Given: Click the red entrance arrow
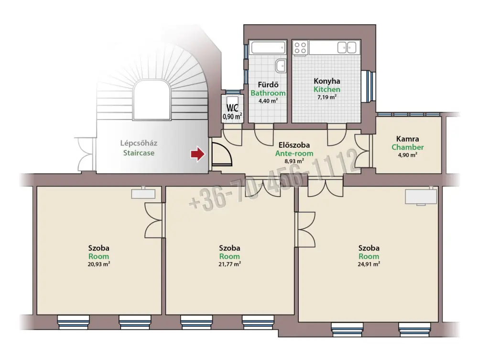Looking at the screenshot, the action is coord(198,154).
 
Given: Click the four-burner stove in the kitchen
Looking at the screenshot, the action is coord(300,48).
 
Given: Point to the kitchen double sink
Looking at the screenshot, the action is coord(347,47).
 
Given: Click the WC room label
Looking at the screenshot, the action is coord(232,108).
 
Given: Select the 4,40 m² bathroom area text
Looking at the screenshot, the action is coord(268,101).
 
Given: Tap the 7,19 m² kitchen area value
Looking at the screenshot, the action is coord(327,97).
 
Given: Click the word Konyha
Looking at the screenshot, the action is coord(327,81).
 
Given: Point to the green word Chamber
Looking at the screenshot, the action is coord(408,147).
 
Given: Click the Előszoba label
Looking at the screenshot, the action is coord(294,145).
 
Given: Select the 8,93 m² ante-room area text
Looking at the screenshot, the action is coord(294,161).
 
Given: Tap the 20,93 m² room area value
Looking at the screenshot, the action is coord(99,264).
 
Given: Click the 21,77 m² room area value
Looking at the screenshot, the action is coord(229,264).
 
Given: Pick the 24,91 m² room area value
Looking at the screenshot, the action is coord(369,264).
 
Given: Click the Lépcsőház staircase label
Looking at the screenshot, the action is coord(139,143).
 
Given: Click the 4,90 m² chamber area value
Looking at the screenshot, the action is coord(408,155).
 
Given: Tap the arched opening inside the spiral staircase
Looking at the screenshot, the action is coord(152,100).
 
